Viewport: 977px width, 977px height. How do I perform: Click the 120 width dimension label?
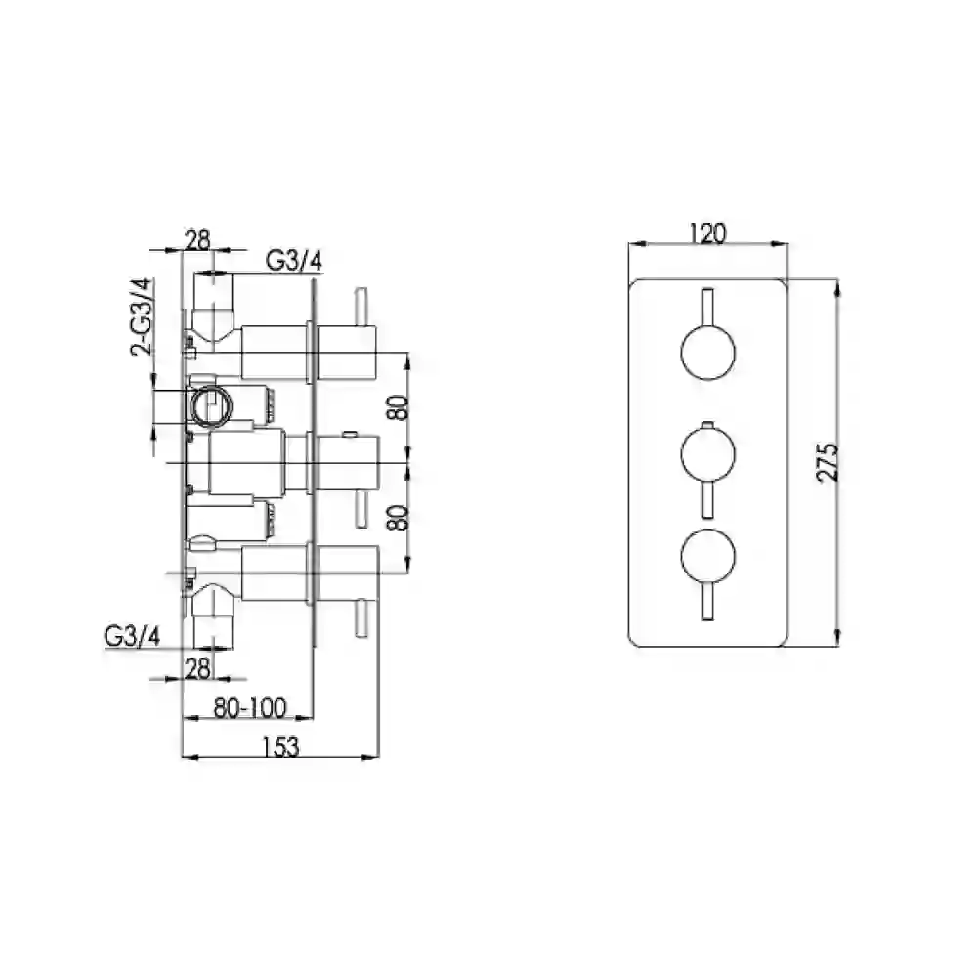tap(707, 234)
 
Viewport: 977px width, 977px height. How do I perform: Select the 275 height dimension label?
tap(828, 462)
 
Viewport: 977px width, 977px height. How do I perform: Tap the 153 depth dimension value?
tap(280, 746)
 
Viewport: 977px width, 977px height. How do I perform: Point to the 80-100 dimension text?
tap(250, 707)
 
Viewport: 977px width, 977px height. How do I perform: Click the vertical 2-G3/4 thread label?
tap(142, 318)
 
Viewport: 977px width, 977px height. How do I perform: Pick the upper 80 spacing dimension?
tap(399, 407)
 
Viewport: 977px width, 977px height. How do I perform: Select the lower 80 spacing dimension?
tap(399, 517)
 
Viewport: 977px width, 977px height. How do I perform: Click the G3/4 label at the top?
tap(294, 261)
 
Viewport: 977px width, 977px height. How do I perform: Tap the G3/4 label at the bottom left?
tap(133, 636)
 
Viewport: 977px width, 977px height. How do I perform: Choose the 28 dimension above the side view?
tap(198, 240)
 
